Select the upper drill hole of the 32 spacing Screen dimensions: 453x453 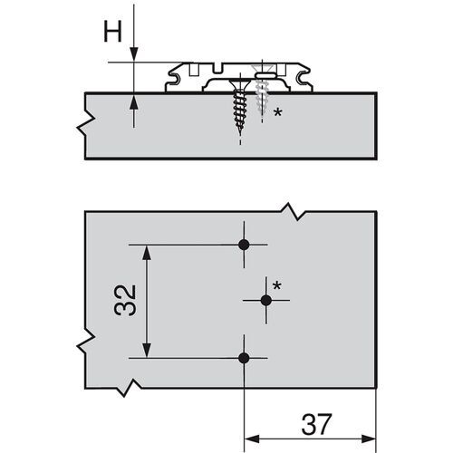click(243, 245)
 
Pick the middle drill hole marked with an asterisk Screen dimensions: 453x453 click(265, 300)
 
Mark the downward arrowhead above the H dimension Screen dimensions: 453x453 click(133, 54)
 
